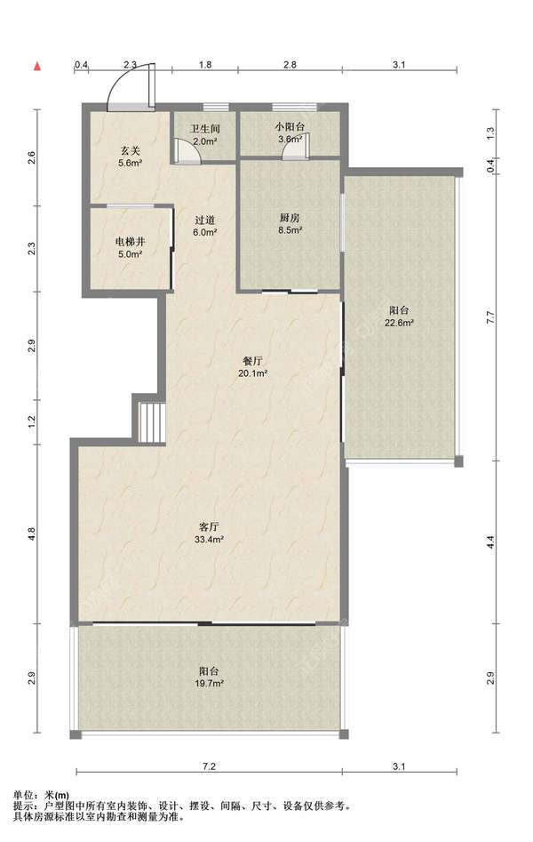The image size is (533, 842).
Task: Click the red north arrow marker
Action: pos(37,67)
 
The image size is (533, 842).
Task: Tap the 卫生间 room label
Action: pos(205,130)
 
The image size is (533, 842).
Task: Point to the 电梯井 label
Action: pos(130,242)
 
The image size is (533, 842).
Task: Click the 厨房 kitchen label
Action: pos(290,218)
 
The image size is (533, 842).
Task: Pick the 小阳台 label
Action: pos(290,127)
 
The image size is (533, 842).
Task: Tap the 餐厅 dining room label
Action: pos(253,361)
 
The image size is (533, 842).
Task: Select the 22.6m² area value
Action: pos(399,323)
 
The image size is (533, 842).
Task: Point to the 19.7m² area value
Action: pos(209,683)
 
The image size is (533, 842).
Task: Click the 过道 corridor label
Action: pos(205,221)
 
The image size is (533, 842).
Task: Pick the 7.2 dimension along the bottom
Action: pos(209,766)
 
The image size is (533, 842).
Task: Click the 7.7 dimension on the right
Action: pos(489,317)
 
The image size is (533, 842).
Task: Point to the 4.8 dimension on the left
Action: pos(32,533)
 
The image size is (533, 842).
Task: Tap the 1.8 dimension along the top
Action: pos(205,65)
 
